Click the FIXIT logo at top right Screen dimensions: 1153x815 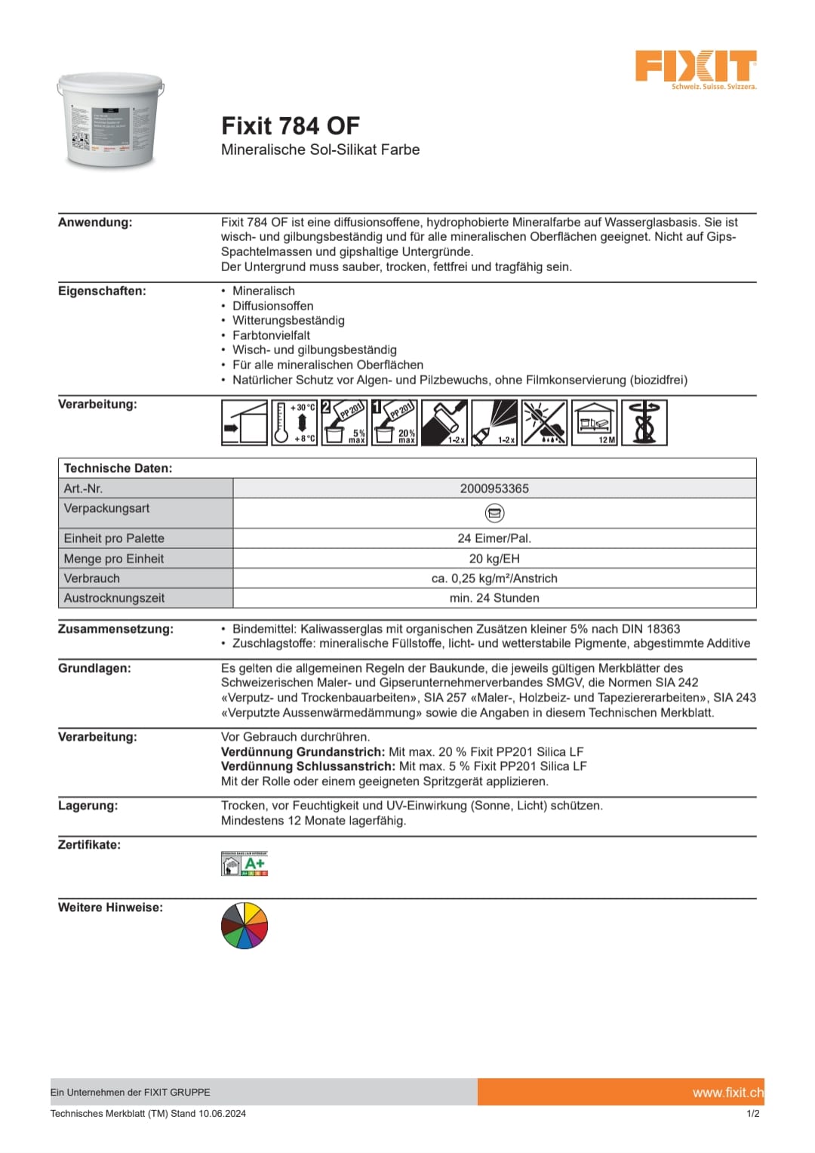[x=695, y=68]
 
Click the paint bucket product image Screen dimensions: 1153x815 [x=111, y=121]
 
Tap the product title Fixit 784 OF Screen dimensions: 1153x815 [x=291, y=125]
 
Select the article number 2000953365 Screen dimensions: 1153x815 [x=494, y=489]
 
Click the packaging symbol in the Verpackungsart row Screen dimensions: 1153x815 [x=494, y=513]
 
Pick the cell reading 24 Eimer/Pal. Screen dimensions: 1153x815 [x=494, y=538]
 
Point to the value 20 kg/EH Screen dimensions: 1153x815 [x=494, y=559]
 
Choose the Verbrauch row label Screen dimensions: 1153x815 [x=92, y=578]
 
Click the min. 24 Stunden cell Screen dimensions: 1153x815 [x=494, y=598]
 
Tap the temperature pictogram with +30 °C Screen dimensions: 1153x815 [x=294, y=423]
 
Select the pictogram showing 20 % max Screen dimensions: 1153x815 [x=395, y=423]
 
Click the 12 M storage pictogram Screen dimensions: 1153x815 [x=595, y=423]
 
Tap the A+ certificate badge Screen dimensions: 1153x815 [x=244, y=864]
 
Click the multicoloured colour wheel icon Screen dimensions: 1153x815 [x=244, y=926]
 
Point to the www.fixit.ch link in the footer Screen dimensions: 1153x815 [x=727, y=1092]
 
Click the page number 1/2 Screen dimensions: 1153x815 [x=752, y=1113]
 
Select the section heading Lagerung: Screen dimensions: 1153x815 [x=88, y=806]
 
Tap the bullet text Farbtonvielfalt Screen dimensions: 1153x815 [x=271, y=335]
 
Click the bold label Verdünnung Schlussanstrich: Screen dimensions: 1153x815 [x=308, y=766]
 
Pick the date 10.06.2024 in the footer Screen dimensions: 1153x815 [x=222, y=1113]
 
